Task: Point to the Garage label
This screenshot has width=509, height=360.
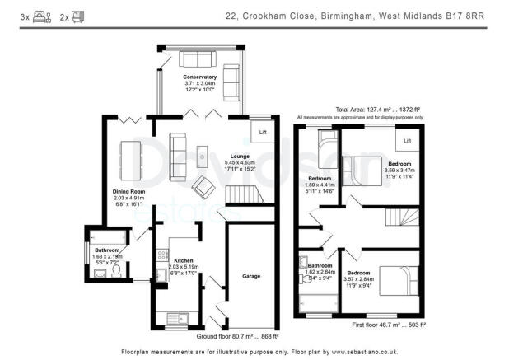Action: coord(251,276)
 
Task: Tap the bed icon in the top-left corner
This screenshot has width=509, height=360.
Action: coord(38,14)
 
